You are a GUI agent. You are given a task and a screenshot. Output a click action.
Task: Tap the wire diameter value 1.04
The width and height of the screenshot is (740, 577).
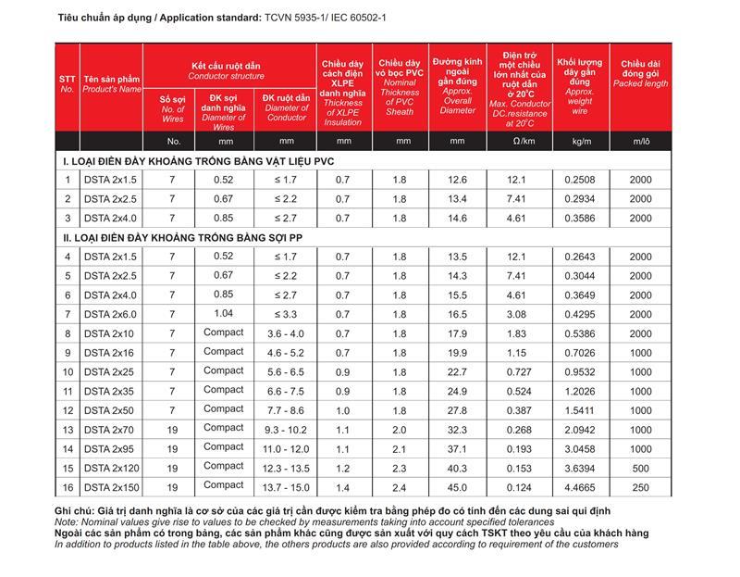(224, 314)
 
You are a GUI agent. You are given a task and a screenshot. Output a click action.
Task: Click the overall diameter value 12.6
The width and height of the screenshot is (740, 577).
(458, 180)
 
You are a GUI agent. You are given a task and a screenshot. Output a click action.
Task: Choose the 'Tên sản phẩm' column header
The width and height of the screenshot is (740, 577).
(111, 84)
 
